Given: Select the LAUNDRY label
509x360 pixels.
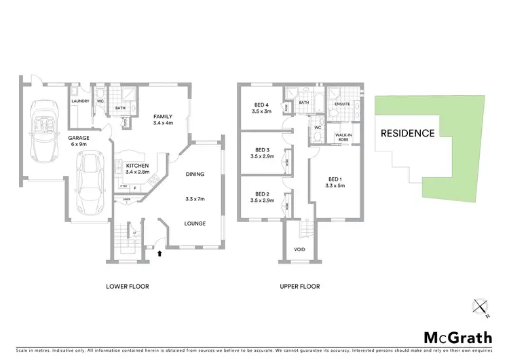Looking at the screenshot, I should [81, 102].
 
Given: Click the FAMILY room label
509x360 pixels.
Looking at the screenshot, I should [164, 116].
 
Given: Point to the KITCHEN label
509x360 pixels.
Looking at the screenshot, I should [137, 166].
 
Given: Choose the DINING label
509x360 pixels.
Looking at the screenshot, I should [195, 175].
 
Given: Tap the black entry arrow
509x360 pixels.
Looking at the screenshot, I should [159, 254].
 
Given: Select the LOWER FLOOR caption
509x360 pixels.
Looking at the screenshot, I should [128, 287].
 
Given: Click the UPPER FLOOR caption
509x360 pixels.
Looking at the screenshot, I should [299, 287].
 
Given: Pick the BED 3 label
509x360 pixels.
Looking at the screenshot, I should [261, 150].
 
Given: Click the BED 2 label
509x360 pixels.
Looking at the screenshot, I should [261, 195].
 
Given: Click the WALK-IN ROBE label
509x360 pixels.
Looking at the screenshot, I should [343, 137].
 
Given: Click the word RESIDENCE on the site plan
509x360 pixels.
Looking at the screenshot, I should [407, 133].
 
